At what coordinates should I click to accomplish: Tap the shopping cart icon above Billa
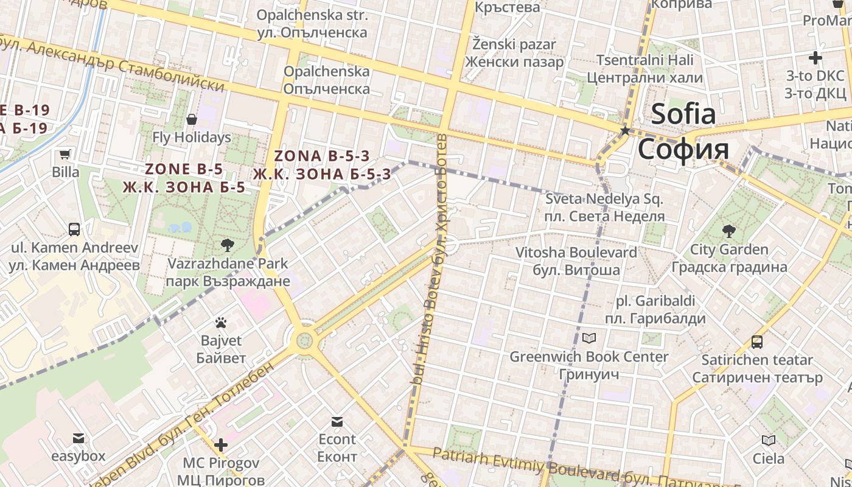coord(65,155)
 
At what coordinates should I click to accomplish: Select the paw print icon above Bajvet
coord(221,323)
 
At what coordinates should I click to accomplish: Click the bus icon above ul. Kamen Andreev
coord(74,229)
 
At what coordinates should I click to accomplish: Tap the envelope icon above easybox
coord(78,438)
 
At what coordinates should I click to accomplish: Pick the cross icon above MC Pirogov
coord(220,446)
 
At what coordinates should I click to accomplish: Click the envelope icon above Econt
coord(337,421)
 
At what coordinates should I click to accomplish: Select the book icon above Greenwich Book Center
coord(588,338)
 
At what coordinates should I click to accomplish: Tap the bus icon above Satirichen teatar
coord(757,342)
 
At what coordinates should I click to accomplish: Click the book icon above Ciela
coord(768,440)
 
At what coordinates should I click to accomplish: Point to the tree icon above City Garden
coord(728,231)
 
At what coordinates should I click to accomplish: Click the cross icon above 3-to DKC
coord(815,58)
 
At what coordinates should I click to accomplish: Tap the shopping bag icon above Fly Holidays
coord(192,119)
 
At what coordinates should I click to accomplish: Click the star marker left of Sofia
coord(624,130)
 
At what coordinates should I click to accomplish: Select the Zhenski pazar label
coord(514,53)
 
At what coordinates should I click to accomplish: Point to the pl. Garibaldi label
coord(655,310)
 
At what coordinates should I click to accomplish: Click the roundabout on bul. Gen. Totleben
coord(302,340)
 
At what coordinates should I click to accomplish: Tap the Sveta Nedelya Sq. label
coord(604,208)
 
